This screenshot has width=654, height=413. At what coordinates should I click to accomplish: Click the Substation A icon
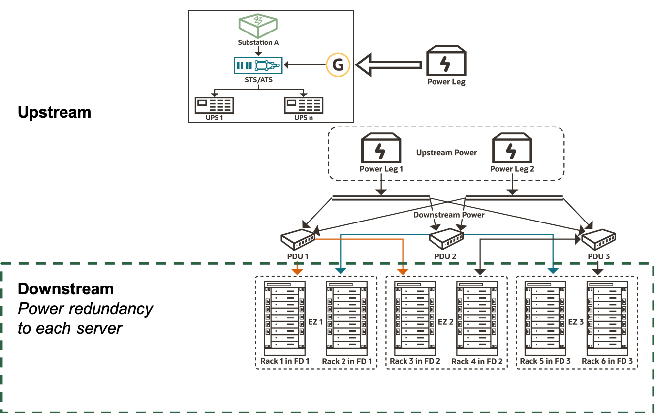click(258, 26)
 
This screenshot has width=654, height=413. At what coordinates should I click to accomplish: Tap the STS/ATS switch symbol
click(258, 65)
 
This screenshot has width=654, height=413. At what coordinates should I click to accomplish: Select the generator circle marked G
click(338, 65)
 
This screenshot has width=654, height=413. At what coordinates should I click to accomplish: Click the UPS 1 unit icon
click(214, 105)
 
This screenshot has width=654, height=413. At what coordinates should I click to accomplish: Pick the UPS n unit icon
click(304, 105)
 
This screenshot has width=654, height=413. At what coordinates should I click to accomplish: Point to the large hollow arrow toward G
click(389, 65)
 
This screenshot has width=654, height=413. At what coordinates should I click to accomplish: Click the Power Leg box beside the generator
click(446, 62)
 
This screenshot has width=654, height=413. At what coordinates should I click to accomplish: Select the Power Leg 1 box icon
click(381, 149)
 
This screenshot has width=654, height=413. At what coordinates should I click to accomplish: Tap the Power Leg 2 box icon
click(512, 149)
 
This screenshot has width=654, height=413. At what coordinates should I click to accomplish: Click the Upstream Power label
click(446, 153)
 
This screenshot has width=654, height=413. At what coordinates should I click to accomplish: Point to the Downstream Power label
click(449, 215)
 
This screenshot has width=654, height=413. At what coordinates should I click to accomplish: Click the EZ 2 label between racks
click(445, 322)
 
